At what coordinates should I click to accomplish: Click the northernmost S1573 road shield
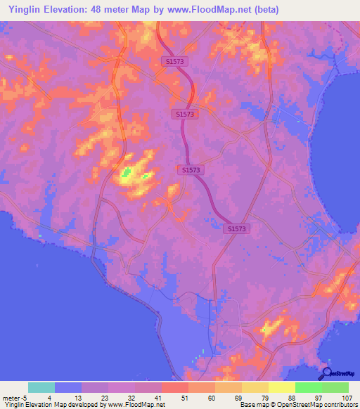point(172,62)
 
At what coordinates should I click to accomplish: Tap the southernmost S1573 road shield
point(238,229)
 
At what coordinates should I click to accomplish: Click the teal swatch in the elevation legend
point(41,387)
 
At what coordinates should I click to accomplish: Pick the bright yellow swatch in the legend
point(281,387)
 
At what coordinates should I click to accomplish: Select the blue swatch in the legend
point(68,387)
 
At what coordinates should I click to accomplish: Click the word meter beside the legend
point(12,398)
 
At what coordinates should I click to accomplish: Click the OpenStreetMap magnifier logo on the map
point(326,373)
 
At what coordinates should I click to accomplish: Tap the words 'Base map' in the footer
point(251,405)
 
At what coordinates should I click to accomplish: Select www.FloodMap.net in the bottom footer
point(133,405)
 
